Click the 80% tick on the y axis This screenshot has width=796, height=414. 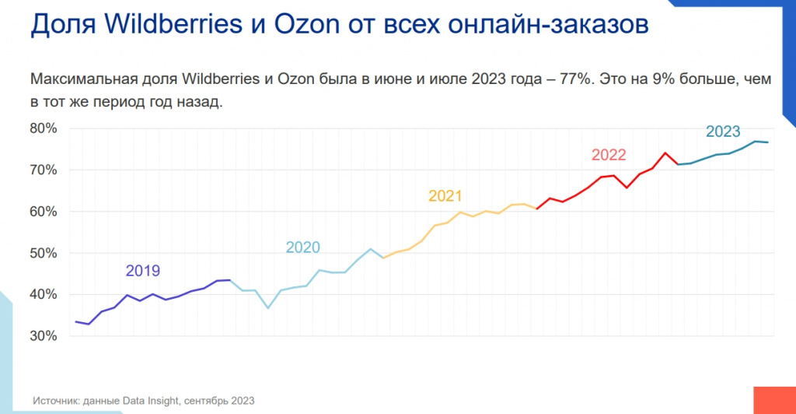[44, 128]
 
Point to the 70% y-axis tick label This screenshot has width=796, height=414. [44, 170]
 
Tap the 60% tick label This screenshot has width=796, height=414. [44, 211]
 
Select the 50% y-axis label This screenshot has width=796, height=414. [44, 253]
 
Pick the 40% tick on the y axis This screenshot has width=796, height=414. [44, 294]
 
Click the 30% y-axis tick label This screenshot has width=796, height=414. [44, 336]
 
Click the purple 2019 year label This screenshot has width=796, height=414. [143, 271]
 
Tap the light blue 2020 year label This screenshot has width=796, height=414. [303, 247]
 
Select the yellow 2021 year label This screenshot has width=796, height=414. [445, 196]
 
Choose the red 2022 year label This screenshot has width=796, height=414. [609, 154]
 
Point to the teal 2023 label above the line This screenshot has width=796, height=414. [723, 131]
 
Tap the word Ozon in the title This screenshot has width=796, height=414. [300, 26]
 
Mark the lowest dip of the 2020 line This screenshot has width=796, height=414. [267, 308]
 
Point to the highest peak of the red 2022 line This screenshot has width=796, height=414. [665, 153]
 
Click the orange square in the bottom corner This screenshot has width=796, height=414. [774, 400]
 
